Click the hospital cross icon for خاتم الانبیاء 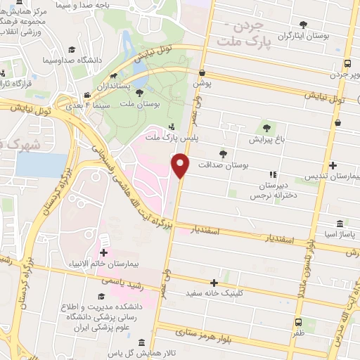(x=104, y=252)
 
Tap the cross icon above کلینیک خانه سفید (x=224, y=282)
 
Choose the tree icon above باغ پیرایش (x=266, y=127)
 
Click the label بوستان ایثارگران (x=310, y=36)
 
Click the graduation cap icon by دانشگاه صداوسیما (x=72, y=50)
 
